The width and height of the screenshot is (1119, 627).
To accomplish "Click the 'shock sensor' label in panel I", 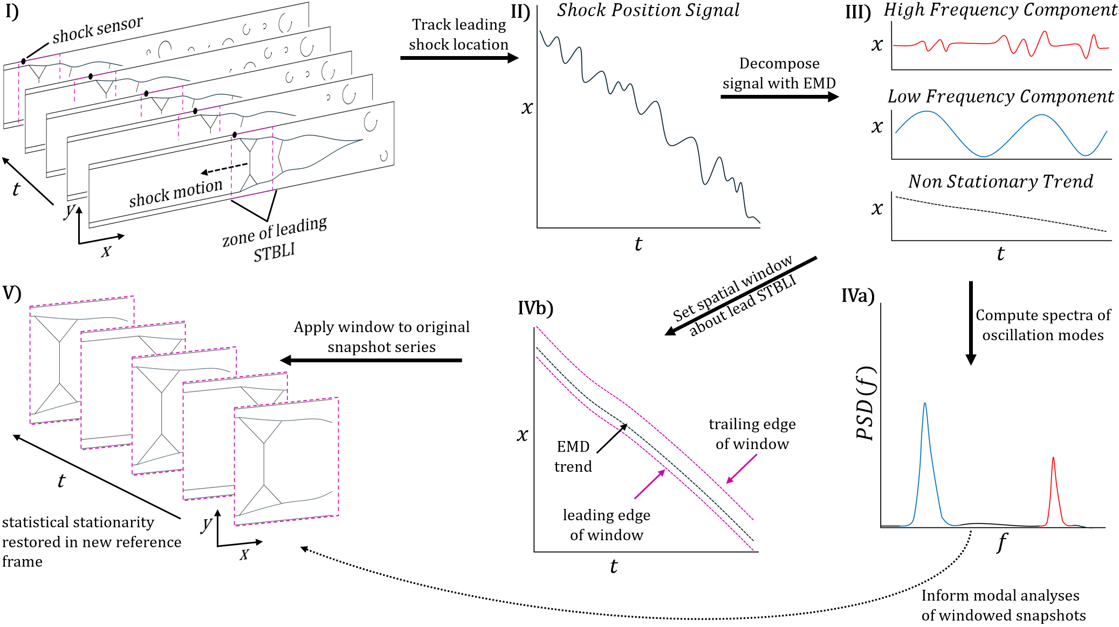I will click(98, 30).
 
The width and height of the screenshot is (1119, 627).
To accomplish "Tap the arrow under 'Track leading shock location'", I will click(459, 58).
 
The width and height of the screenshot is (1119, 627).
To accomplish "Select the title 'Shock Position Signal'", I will click(648, 11).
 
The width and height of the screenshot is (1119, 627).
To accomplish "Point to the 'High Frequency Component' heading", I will click(1000, 10).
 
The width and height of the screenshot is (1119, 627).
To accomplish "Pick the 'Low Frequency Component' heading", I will click(1000, 97).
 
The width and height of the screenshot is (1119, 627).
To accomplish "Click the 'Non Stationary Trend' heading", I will click(1000, 182).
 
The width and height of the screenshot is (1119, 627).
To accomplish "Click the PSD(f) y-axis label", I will click(866, 403).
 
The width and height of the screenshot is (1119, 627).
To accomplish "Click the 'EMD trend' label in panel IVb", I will click(573, 457).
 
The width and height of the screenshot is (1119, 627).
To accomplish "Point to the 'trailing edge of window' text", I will click(752, 434).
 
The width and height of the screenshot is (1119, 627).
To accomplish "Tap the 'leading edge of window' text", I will click(607, 525).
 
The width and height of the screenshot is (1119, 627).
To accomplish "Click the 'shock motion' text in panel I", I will click(176, 192).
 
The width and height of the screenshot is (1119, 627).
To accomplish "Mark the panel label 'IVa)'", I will click(858, 295).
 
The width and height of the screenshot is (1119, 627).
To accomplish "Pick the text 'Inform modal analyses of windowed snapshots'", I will click(1003, 605).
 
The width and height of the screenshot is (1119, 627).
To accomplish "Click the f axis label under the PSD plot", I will click(1002, 541).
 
